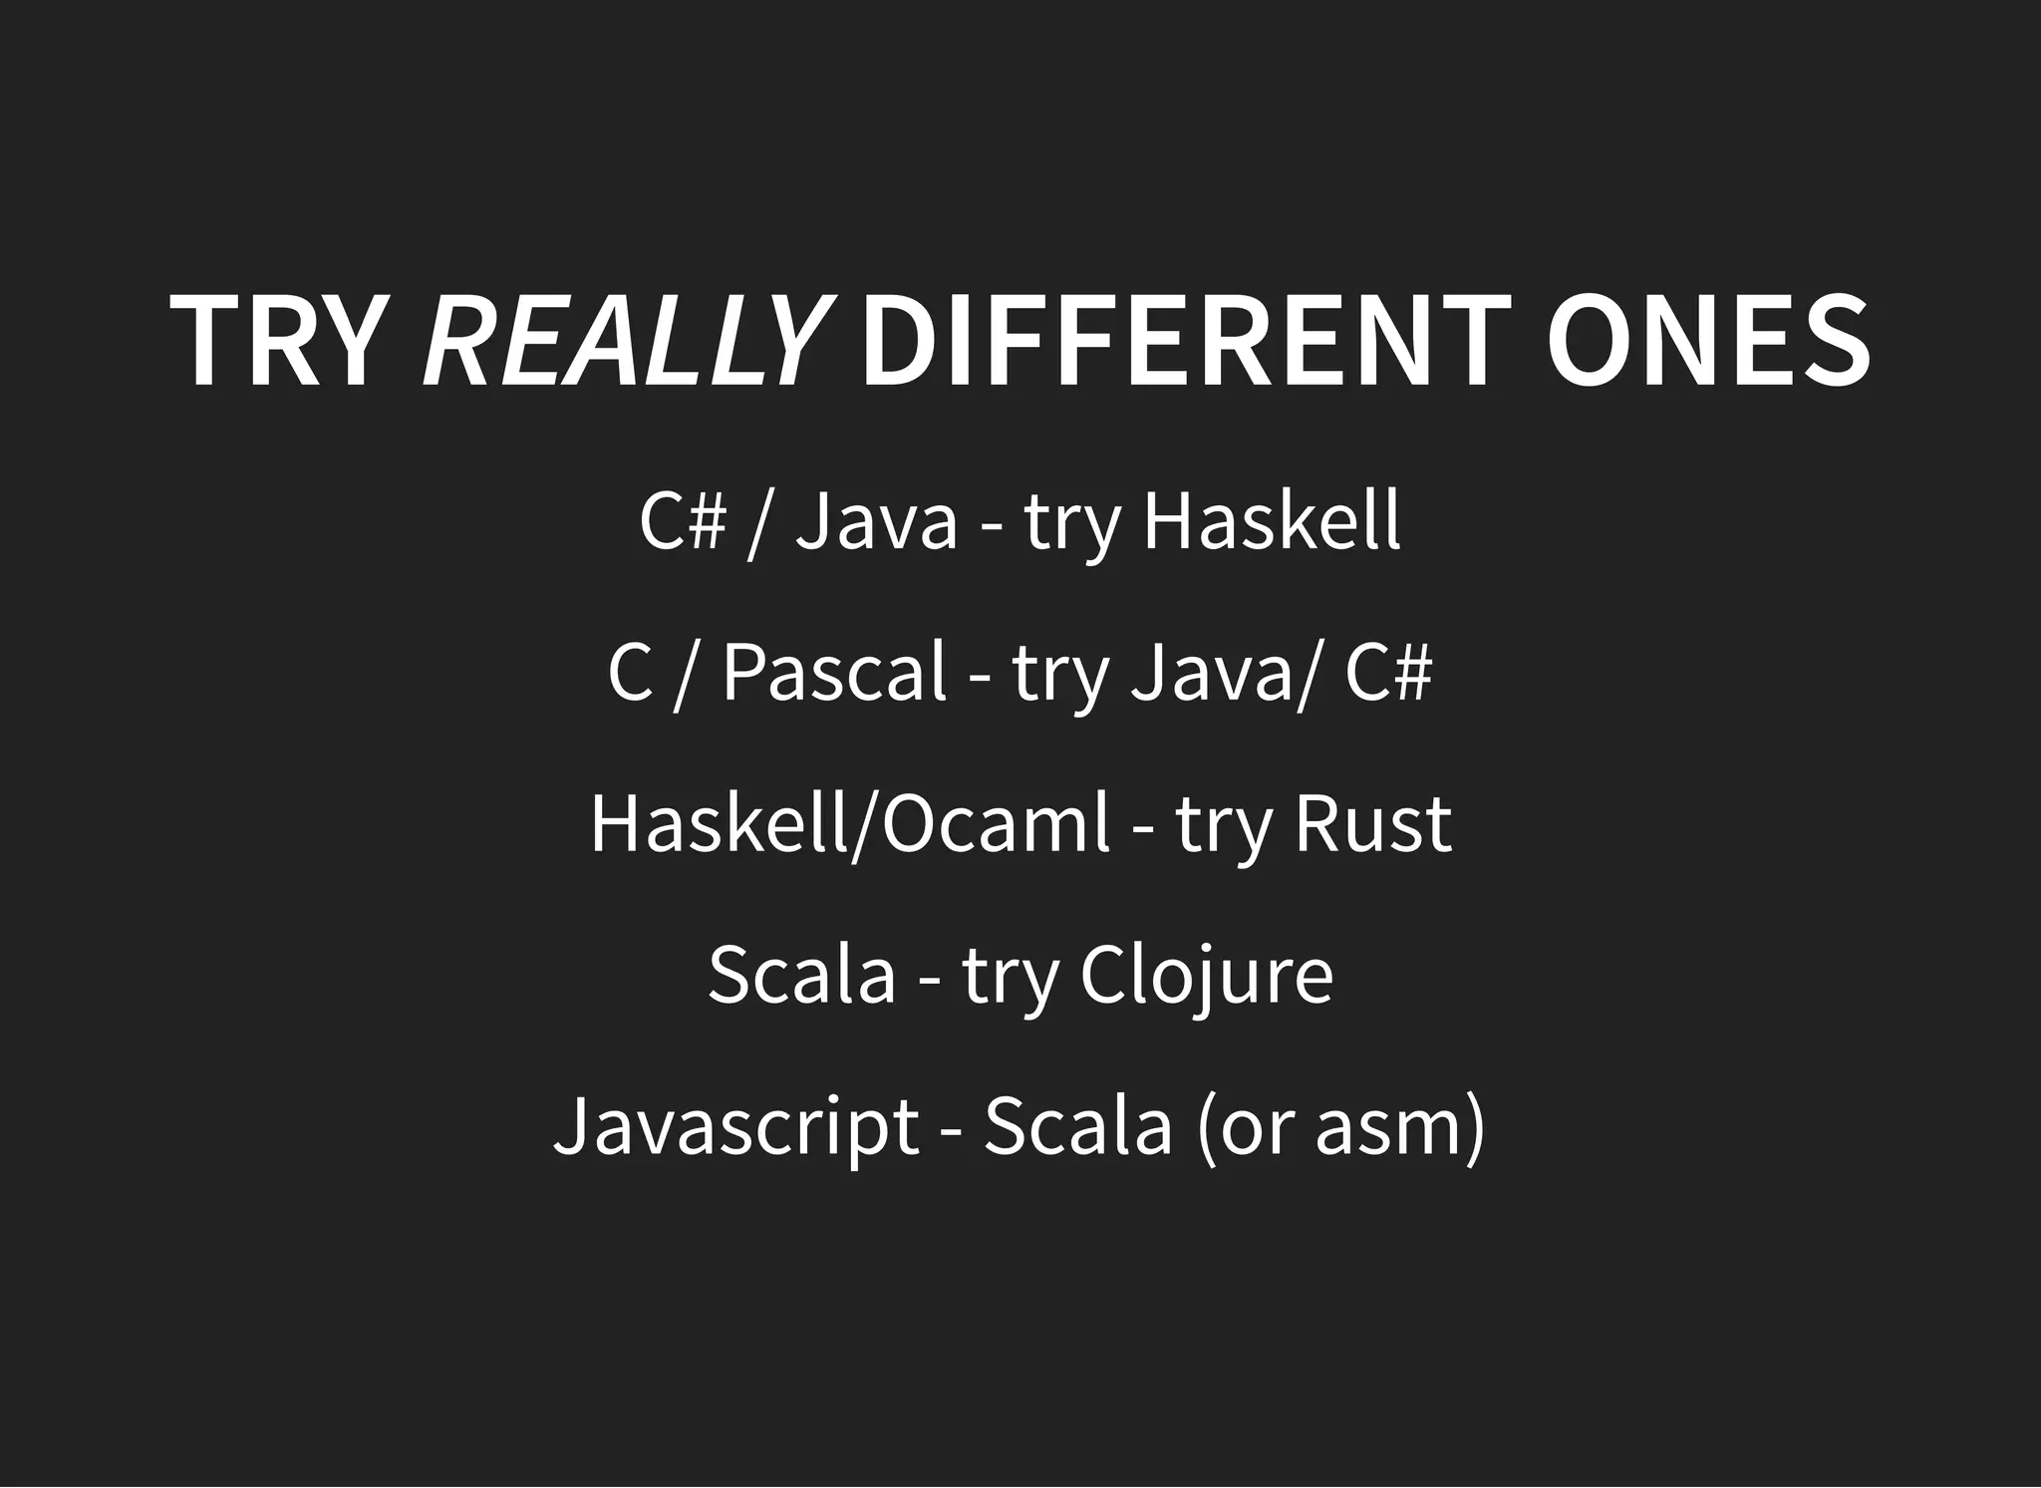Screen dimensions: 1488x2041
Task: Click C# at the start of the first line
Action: [x=682, y=520]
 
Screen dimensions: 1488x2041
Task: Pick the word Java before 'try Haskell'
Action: [x=876, y=520]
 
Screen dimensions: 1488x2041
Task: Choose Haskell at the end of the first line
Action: [x=1272, y=520]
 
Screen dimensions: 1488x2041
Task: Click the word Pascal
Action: [x=833, y=673]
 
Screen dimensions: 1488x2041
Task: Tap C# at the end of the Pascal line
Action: [x=1387, y=673]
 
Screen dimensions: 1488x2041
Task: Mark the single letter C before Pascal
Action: [x=629, y=673]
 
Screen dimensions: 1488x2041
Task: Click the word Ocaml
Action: [x=995, y=824]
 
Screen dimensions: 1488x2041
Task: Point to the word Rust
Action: [x=1372, y=824]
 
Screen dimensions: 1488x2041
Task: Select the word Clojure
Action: [x=1206, y=976]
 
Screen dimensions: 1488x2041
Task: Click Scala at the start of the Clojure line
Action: [x=802, y=976]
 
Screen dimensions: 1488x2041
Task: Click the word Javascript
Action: [x=735, y=1127]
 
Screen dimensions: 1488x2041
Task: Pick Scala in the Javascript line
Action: [x=1078, y=1127]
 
